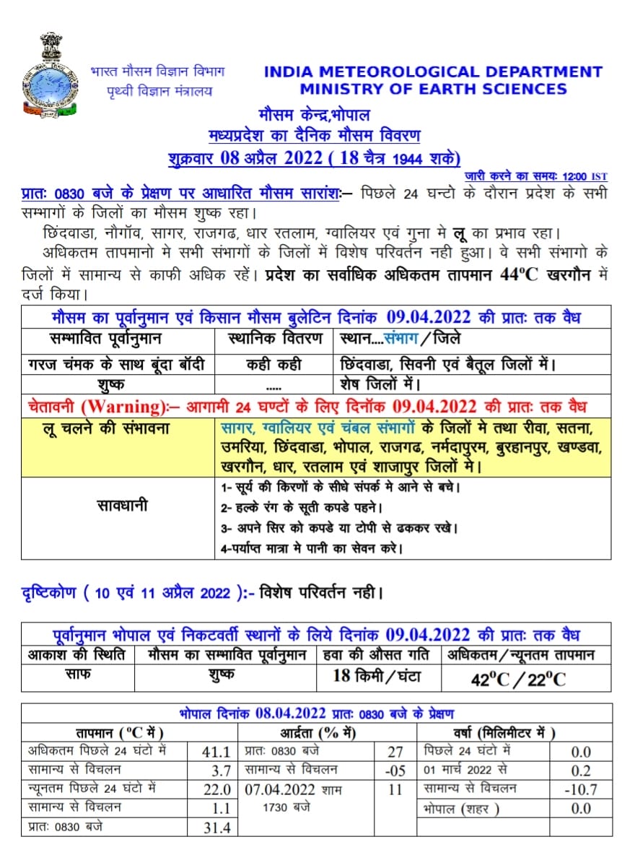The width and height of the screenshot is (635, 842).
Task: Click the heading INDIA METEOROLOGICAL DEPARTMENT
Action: [x=433, y=72]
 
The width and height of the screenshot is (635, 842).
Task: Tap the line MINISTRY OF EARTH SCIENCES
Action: [x=433, y=90]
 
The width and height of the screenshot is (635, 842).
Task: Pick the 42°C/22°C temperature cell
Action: [x=518, y=679]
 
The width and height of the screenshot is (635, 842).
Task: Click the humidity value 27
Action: [x=395, y=752]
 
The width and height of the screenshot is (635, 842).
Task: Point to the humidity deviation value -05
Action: [x=395, y=771]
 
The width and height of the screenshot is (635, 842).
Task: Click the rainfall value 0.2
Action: [x=581, y=771]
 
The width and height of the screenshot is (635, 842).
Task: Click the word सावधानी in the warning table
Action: [x=122, y=505]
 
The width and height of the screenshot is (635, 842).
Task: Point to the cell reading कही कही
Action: [x=273, y=364]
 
